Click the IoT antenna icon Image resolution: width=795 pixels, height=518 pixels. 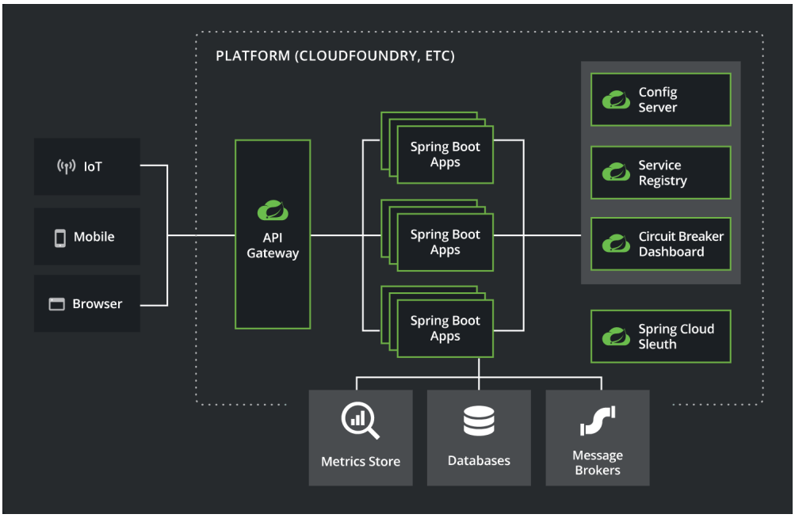pyautogui.click(x=67, y=166)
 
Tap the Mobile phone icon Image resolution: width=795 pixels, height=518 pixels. pyautogui.click(x=59, y=238)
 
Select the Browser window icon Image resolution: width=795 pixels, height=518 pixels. pyautogui.click(x=56, y=304)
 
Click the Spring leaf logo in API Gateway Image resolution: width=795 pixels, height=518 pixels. pyautogui.click(x=273, y=211)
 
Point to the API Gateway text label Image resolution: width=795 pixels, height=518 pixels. pyautogui.click(x=273, y=246)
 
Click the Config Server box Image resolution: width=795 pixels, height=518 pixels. pyautogui.click(x=660, y=99)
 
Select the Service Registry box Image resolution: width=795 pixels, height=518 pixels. pyautogui.click(x=660, y=173)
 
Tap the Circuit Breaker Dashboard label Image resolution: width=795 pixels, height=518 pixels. pyautogui.click(x=681, y=244)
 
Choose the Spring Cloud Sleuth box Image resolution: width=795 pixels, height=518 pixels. pyautogui.click(x=660, y=336)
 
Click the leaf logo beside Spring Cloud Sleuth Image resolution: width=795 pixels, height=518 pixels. pyautogui.click(x=616, y=337)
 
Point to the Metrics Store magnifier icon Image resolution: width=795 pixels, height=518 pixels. pyautogui.click(x=360, y=420)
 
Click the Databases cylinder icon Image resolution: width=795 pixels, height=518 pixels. pyautogui.click(x=479, y=421)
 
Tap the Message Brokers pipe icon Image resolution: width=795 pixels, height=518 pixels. pyautogui.click(x=598, y=421)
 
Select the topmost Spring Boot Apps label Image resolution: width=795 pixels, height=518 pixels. pyautogui.click(x=445, y=154)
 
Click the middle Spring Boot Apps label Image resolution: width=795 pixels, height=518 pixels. pyautogui.click(x=445, y=242)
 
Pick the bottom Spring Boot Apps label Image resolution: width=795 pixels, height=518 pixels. pyautogui.click(x=445, y=328)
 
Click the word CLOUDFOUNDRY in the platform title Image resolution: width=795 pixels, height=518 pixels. pyautogui.click(x=358, y=55)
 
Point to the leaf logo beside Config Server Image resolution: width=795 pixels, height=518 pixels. pyautogui.click(x=616, y=100)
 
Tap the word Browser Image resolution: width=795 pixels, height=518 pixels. pyautogui.click(x=97, y=303)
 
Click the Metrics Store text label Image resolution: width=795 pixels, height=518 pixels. pyautogui.click(x=361, y=461)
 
